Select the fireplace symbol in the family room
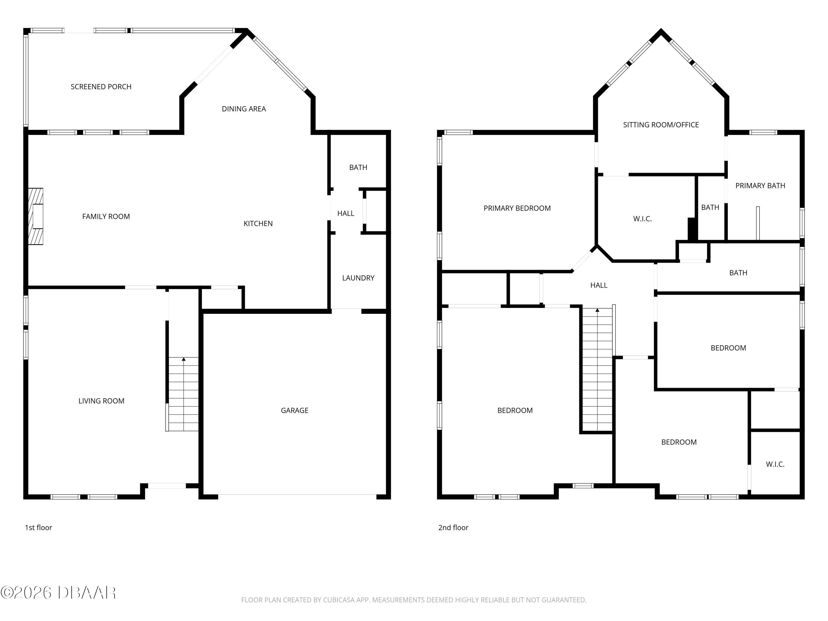point(36,216)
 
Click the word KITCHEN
point(258,224)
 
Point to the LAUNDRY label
point(358,278)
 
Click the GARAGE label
point(294,410)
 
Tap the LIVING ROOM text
point(101,401)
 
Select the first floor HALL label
point(346,213)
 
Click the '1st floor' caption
point(38,527)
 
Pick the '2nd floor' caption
point(453,527)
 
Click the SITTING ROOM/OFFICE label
point(661,125)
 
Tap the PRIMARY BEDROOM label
point(517,208)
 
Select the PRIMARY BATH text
point(760,186)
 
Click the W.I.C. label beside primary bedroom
point(642,219)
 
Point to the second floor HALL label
point(599,285)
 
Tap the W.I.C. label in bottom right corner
point(775,464)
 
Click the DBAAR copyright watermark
point(58,593)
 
